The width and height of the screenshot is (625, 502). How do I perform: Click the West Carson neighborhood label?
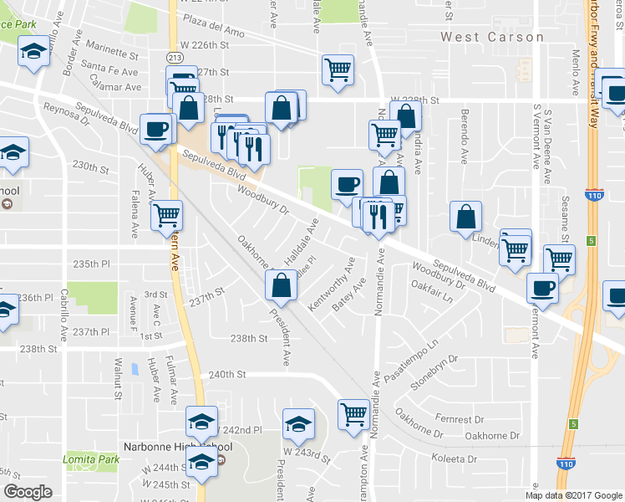click(x=492, y=37)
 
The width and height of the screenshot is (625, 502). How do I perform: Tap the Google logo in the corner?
click(x=28, y=492)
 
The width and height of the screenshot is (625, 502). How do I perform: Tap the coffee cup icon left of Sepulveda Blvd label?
click(x=155, y=129)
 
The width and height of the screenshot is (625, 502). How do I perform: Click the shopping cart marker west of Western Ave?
click(x=166, y=215)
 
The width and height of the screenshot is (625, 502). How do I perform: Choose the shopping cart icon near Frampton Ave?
click(x=353, y=412)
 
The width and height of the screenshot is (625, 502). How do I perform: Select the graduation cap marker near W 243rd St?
click(x=298, y=423)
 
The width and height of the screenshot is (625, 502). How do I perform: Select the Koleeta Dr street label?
click(x=453, y=459)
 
